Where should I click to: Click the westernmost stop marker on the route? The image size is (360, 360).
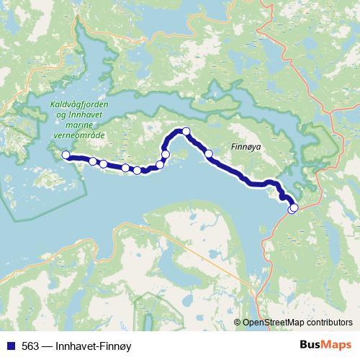(66, 155)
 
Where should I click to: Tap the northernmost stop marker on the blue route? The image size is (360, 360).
(186, 131)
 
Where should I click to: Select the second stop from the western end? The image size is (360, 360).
(93, 161)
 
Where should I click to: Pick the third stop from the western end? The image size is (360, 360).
(104, 164)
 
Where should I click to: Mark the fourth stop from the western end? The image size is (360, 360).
(126, 168)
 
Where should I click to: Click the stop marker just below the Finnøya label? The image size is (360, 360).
(209, 153)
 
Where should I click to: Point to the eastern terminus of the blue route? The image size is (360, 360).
(293, 209)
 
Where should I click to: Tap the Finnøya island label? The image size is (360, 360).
(248, 145)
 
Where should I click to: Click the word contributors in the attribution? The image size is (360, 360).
(331, 323)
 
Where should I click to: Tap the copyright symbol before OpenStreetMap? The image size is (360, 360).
(238, 323)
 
